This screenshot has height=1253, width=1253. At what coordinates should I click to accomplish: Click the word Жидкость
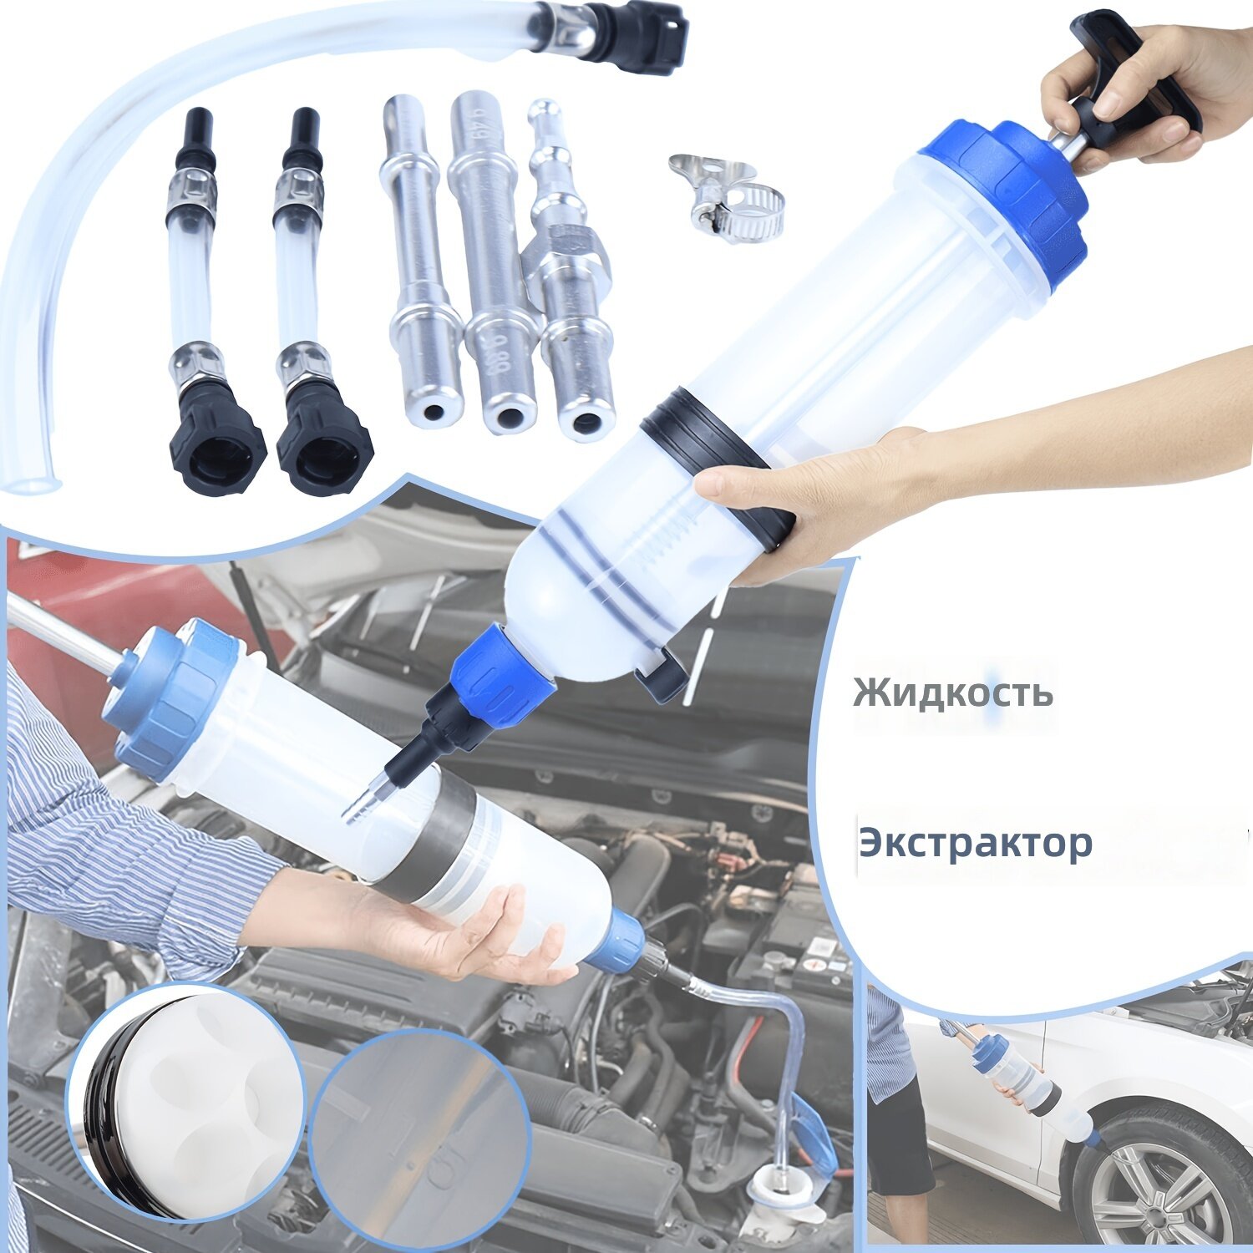pyautogui.click(x=953, y=692)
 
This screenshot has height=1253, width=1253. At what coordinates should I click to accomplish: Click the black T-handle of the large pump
pyautogui.click(x=1136, y=75)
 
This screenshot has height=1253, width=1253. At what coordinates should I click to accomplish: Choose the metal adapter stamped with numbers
pyautogui.click(x=494, y=263)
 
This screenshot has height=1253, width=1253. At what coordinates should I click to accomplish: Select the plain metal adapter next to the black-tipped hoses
pyautogui.click(x=422, y=259)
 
